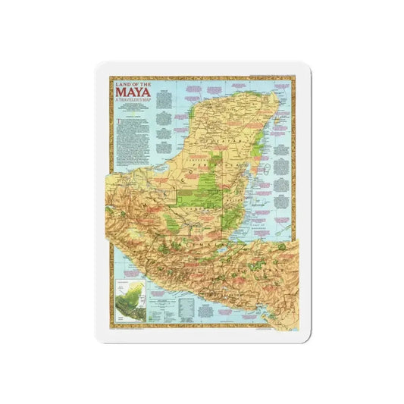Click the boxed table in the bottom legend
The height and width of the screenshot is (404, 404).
(186, 303)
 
